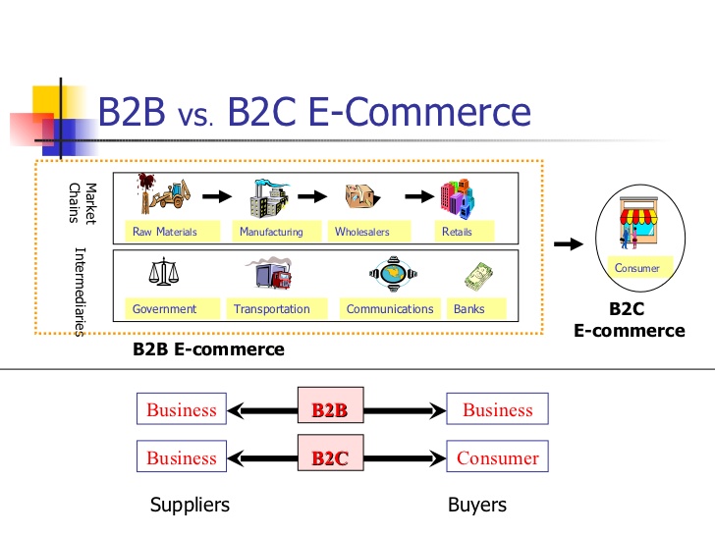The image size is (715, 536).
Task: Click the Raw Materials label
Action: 165,232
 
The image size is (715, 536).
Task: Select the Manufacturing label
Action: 271,232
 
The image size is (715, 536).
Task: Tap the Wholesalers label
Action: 362,232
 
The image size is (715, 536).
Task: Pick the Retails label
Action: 457,232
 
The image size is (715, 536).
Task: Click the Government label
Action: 164,308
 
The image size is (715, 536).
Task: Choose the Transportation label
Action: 272,308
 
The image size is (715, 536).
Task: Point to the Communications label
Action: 390,308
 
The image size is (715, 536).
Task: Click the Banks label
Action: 469,308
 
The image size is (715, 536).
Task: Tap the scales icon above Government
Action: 163,273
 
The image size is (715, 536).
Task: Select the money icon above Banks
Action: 478,275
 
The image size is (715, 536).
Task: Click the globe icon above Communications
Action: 396,274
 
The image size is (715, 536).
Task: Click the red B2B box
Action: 330,410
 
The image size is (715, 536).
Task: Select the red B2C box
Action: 330,457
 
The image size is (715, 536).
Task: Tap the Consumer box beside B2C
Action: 497,457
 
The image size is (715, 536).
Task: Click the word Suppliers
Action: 190,505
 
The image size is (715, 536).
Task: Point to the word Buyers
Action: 477,505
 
